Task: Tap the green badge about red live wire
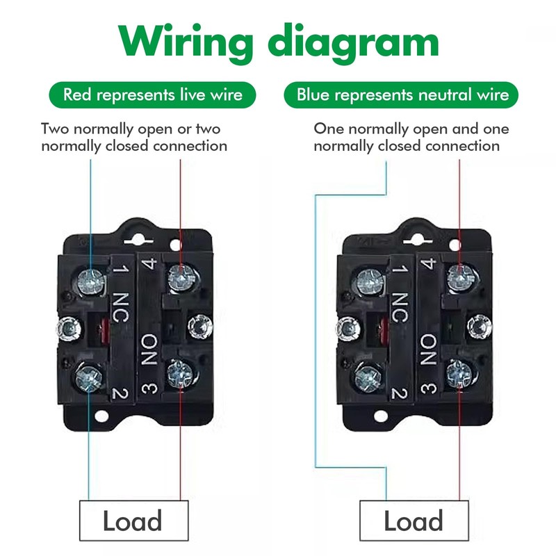153,95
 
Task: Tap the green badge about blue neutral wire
402,95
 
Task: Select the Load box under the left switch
132,521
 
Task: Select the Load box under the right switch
414,521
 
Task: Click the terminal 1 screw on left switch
90,280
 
